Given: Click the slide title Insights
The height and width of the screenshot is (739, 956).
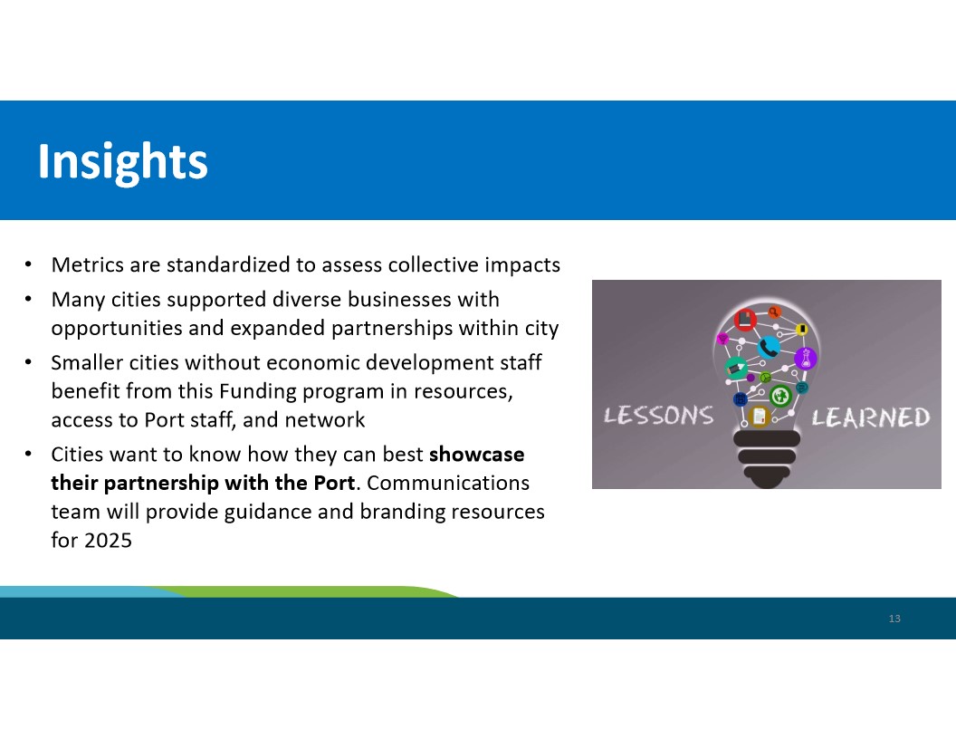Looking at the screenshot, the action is [122, 162].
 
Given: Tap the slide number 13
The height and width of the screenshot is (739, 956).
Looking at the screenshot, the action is [894, 619].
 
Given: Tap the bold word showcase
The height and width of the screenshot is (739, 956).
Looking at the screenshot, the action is [476, 455].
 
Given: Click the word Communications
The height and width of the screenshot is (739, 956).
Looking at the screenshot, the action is [448, 483].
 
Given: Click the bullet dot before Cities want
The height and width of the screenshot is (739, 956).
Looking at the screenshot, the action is [28, 455].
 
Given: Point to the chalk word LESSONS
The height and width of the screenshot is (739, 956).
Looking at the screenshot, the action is [658, 416].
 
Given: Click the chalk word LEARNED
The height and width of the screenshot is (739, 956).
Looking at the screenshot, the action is [870, 417].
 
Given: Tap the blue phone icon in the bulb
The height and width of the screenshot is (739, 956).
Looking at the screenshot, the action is [769, 348].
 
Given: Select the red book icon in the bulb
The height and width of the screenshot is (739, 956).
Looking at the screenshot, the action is [745, 320].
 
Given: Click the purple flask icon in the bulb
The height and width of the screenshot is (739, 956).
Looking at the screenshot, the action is [806, 358].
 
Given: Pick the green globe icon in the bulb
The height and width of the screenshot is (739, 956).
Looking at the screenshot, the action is [780, 397].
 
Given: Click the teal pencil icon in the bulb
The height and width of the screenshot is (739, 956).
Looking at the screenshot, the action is [736, 369].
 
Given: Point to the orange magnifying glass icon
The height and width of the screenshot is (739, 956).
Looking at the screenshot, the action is [774, 312].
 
